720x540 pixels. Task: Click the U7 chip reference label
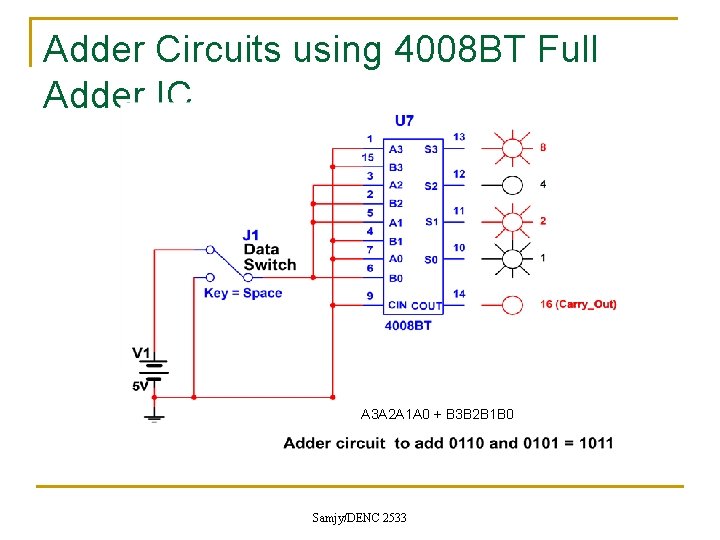point(404,121)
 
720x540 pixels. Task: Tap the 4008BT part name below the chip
point(408,326)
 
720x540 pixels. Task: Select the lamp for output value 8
point(512,147)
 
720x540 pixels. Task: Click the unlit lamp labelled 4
point(512,184)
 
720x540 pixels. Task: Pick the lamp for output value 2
point(512,220)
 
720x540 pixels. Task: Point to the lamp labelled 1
point(512,258)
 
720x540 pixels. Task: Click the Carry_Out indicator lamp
point(512,304)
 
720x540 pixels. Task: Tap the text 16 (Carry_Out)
point(578,304)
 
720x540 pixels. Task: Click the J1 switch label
point(251,236)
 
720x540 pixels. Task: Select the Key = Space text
point(243,293)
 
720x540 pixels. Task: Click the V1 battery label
point(142,352)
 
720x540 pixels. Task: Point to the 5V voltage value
point(140,385)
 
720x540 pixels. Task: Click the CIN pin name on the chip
point(397,306)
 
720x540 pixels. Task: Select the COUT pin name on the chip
point(427,306)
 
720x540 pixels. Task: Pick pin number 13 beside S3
point(458,137)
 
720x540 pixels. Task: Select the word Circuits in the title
point(208,49)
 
